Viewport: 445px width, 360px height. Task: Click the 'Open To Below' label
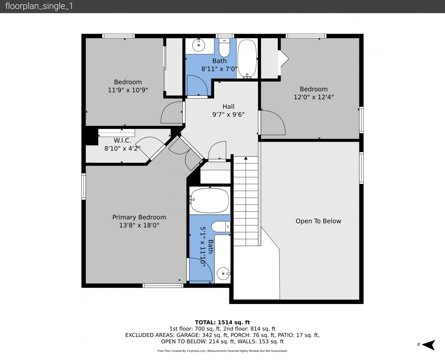pos(318,221)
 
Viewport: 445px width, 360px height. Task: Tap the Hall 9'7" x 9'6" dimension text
pos(228,114)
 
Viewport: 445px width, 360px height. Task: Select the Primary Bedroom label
pos(139,217)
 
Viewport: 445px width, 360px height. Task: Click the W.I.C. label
pos(122,140)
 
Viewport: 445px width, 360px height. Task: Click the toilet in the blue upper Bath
pos(224,48)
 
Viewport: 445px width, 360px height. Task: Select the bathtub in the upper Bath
pos(247,59)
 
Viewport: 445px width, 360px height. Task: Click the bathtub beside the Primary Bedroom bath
pos(210,200)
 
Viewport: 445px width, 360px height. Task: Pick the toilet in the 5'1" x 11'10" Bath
pos(221,227)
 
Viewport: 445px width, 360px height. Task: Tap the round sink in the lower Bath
pos(223,273)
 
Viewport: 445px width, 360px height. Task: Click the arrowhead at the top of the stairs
pos(246,158)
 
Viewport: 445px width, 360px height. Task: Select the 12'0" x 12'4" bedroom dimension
pos(314,97)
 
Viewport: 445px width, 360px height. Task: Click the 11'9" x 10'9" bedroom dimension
pos(128,90)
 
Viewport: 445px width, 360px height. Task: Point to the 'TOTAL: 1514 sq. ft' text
pos(223,322)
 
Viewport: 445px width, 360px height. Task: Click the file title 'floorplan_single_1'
pos(39,6)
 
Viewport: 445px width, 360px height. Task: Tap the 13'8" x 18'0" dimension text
pos(139,225)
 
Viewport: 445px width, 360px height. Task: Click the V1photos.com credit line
pos(222,351)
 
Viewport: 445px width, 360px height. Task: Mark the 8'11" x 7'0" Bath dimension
pos(219,69)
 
